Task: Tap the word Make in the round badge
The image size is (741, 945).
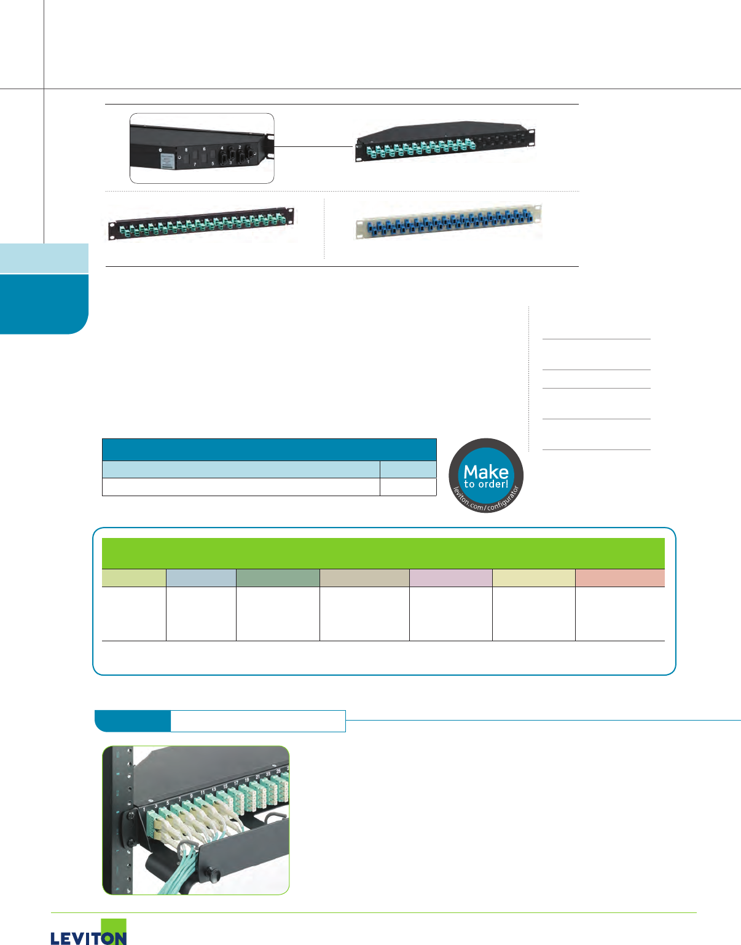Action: (x=486, y=472)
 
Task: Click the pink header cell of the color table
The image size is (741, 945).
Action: (x=450, y=578)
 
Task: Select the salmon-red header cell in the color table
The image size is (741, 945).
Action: (x=619, y=578)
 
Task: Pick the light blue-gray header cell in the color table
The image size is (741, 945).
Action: (x=201, y=578)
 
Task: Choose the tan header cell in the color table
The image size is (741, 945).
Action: (x=364, y=578)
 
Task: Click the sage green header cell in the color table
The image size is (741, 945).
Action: (x=278, y=578)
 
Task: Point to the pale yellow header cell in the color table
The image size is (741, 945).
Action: (x=533, y=578)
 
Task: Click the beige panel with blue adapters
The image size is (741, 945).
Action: (x=449, y=221)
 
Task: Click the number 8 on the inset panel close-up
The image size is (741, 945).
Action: (x=186, y=150)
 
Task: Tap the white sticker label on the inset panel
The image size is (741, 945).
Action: (x=167, y=162)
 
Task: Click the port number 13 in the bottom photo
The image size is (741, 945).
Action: (x=214, y=789)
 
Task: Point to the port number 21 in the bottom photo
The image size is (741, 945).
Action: (x=257, y=777)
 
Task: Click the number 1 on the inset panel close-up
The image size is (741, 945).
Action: (x=254, y=149)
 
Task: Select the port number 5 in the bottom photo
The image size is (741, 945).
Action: (x=167, y=803)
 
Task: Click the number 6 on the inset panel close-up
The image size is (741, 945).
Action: (x=204, y=149)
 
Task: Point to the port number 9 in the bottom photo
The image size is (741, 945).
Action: (x=191, y=796)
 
